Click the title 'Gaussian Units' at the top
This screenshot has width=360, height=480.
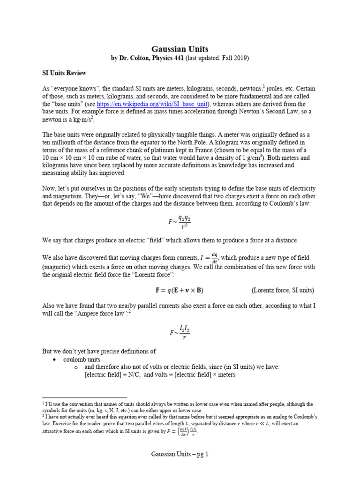click(x=180, y=49)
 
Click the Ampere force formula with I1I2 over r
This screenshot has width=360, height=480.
click(x=180, y=333)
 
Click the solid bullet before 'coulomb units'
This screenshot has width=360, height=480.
click(x=54, y=359)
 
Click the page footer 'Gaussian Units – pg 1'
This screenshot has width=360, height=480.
click(x=180, y=454)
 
